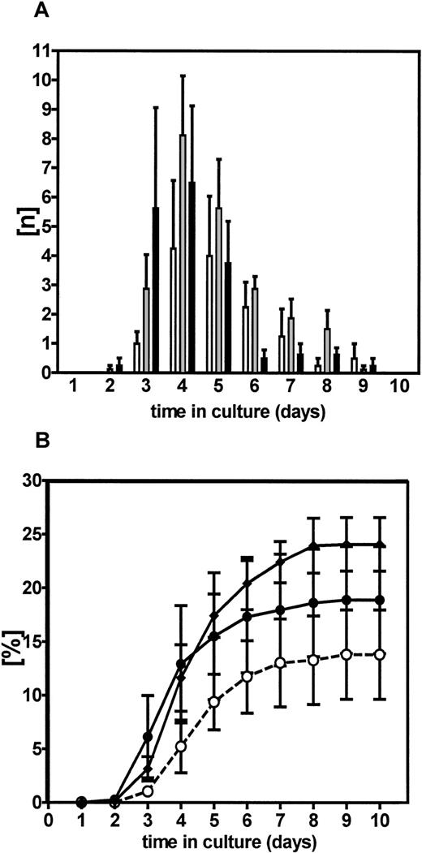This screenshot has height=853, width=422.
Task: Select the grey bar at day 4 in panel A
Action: coord(183,253)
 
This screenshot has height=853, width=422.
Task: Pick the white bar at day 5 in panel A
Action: coord(209,314)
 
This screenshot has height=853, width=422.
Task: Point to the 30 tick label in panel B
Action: coord(33,481)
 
